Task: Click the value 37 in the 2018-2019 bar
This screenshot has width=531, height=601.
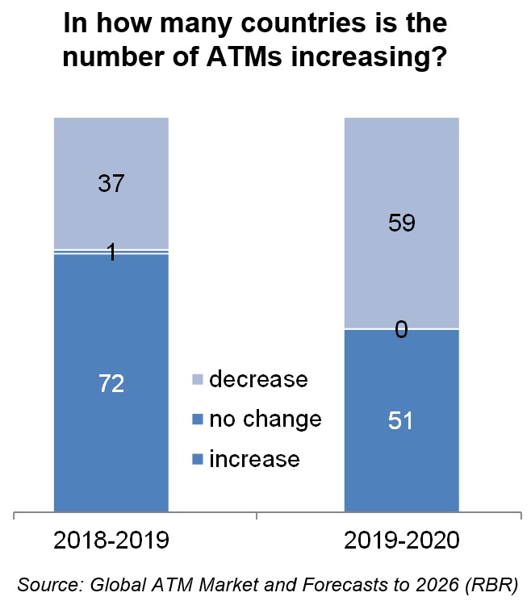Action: click(111, 184)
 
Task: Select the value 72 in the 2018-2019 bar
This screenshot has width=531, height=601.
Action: click(111, 384)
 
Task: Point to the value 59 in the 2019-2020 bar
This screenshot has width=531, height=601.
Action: click(401, 223)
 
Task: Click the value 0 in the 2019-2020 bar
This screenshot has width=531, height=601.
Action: click(401, 329)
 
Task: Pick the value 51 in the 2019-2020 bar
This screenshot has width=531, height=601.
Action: click(401, 422)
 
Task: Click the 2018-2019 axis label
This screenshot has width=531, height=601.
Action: click(111, 540)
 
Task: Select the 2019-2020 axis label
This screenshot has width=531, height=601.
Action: click(401, 540)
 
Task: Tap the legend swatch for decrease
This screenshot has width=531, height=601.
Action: click(196, 380)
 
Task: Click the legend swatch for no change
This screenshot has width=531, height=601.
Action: click(196, 419)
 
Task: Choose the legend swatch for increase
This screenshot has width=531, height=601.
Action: click(196, 460)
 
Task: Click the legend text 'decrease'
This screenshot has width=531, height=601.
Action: click(258, 379)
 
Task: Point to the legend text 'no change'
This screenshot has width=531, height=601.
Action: click(265, 419)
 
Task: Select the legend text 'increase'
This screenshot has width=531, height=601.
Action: click(254, 460)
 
